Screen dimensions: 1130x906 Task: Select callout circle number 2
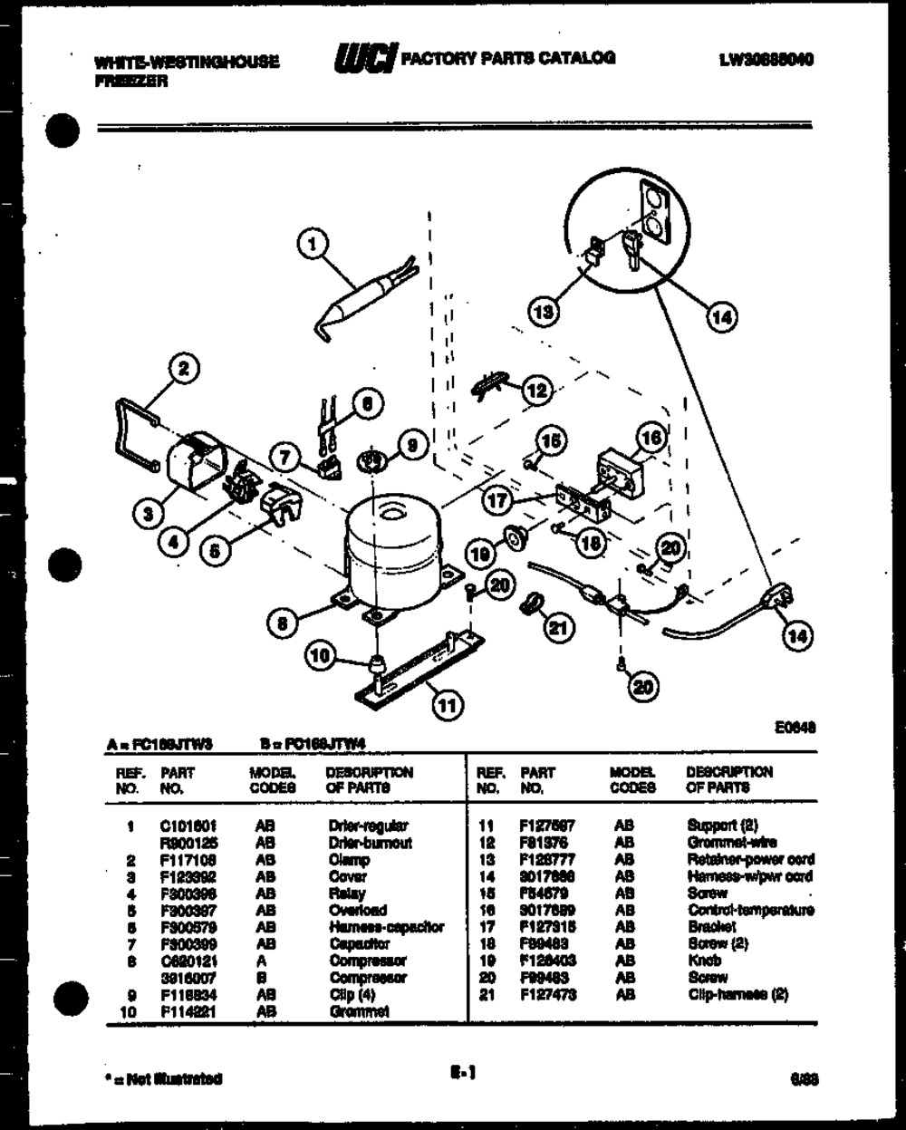click(x=184, y=367)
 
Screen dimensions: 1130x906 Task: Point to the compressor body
click(x=390, y=548)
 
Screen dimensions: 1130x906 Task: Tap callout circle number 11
click(x=445, y=703)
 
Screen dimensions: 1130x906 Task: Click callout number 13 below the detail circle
click(x=544, y=312)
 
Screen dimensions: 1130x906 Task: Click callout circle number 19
click(x=480, y=551)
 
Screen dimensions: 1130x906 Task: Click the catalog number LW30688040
click(x=766, y=60)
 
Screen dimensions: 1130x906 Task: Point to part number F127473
click(x=547, y=994)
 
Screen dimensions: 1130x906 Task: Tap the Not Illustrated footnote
click(x=163, y=1079)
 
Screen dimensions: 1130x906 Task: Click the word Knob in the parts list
click(x=705, y=961)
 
